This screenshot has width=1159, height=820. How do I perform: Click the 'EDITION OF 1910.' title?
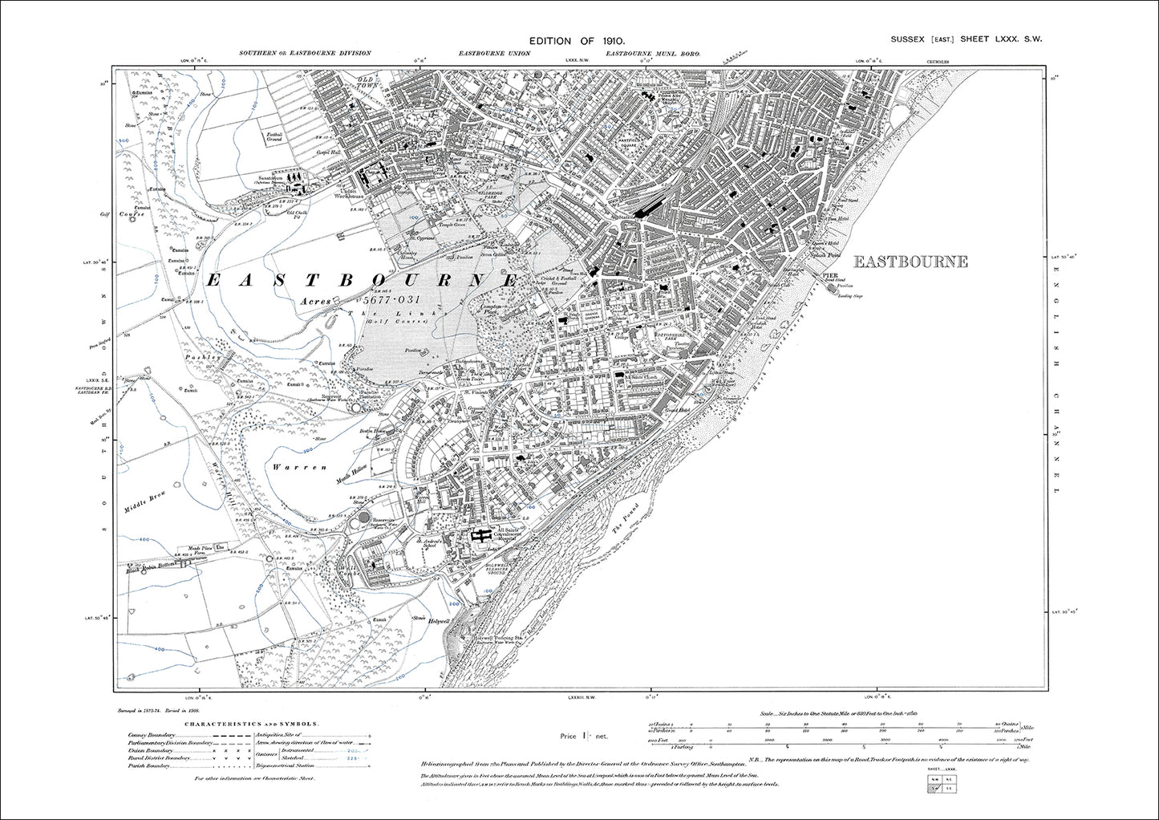coord(576,41)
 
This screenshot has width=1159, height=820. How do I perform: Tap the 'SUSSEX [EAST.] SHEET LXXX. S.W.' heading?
coord(966,39)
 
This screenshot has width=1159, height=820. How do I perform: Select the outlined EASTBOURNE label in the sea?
coord(910,262)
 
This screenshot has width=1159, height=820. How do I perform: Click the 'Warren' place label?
coord(288,466)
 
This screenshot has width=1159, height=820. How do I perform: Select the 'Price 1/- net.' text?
coord(584,736)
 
